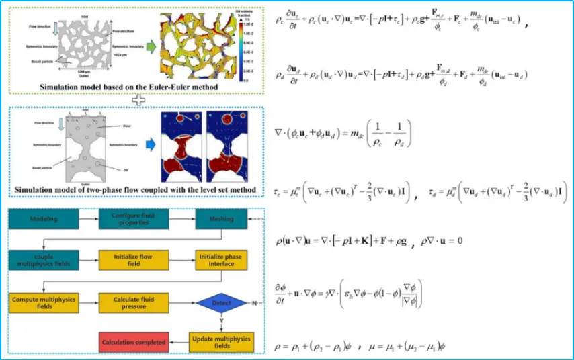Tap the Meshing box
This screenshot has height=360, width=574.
[216, 220]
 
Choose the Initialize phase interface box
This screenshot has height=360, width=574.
[216, 259]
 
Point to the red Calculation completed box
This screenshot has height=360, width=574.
[133, 342]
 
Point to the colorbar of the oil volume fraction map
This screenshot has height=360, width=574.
[239, 47]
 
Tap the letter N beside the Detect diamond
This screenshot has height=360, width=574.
[253, 304]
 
